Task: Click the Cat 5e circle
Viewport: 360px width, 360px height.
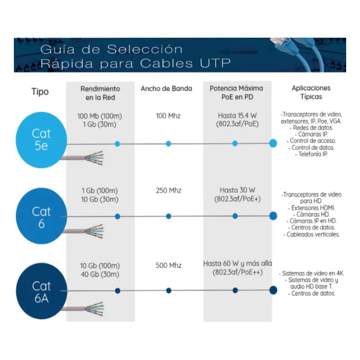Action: tap(42, 140)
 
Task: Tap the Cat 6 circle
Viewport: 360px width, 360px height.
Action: tap(42, 216)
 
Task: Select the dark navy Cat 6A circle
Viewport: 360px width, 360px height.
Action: tap(42, 291)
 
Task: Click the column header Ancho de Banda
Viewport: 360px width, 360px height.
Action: tap(167, 89)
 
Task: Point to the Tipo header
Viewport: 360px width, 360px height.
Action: tap(40, 92)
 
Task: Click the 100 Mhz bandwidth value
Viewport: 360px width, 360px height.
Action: tap(168, 116)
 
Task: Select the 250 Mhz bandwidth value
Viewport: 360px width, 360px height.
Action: tap(168, 191)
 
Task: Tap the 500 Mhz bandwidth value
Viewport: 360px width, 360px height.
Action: tap(168, 265)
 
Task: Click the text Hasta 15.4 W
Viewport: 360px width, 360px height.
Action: tap(237, 116)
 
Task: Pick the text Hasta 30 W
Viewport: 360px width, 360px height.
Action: tap(238, 190)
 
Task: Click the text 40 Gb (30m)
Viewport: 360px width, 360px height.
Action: tap(100, 274)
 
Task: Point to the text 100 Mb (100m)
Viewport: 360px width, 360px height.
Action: tap(100, 116)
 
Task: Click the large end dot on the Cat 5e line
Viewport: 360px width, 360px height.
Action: tap(273, 143)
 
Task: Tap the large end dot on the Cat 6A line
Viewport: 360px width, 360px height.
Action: tap(273, 290)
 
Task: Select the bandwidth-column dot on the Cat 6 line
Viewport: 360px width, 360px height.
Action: tap(168, 216)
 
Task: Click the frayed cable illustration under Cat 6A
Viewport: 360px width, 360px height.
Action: tap(83, 309)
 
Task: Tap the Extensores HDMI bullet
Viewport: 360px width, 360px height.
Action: tap(311, 208)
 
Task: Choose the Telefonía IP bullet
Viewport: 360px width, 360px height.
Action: tap(311, 154)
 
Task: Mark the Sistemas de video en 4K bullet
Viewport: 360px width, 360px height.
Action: tap(311, 274)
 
